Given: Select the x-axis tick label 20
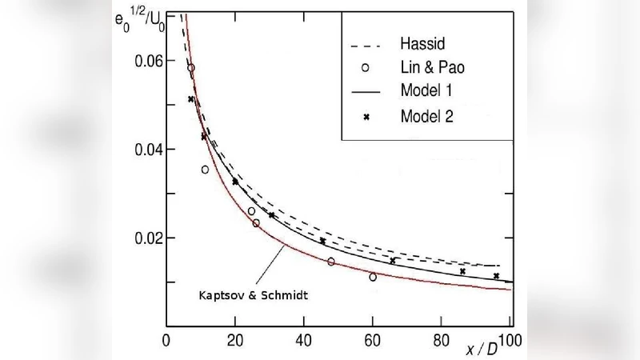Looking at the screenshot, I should click(234, 339).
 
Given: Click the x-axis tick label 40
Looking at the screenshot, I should click(303, 339).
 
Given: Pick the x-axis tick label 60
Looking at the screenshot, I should click(372, 339).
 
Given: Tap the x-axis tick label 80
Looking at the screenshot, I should click(441, 339).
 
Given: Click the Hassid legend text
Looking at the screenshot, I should click(421, 42).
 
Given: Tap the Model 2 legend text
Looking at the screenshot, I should click(426, 116).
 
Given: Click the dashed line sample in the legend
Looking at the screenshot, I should click(366, 42).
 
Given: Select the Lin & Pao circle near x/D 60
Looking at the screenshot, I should click(373, 277).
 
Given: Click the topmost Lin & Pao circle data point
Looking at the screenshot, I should click(191, 68).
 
